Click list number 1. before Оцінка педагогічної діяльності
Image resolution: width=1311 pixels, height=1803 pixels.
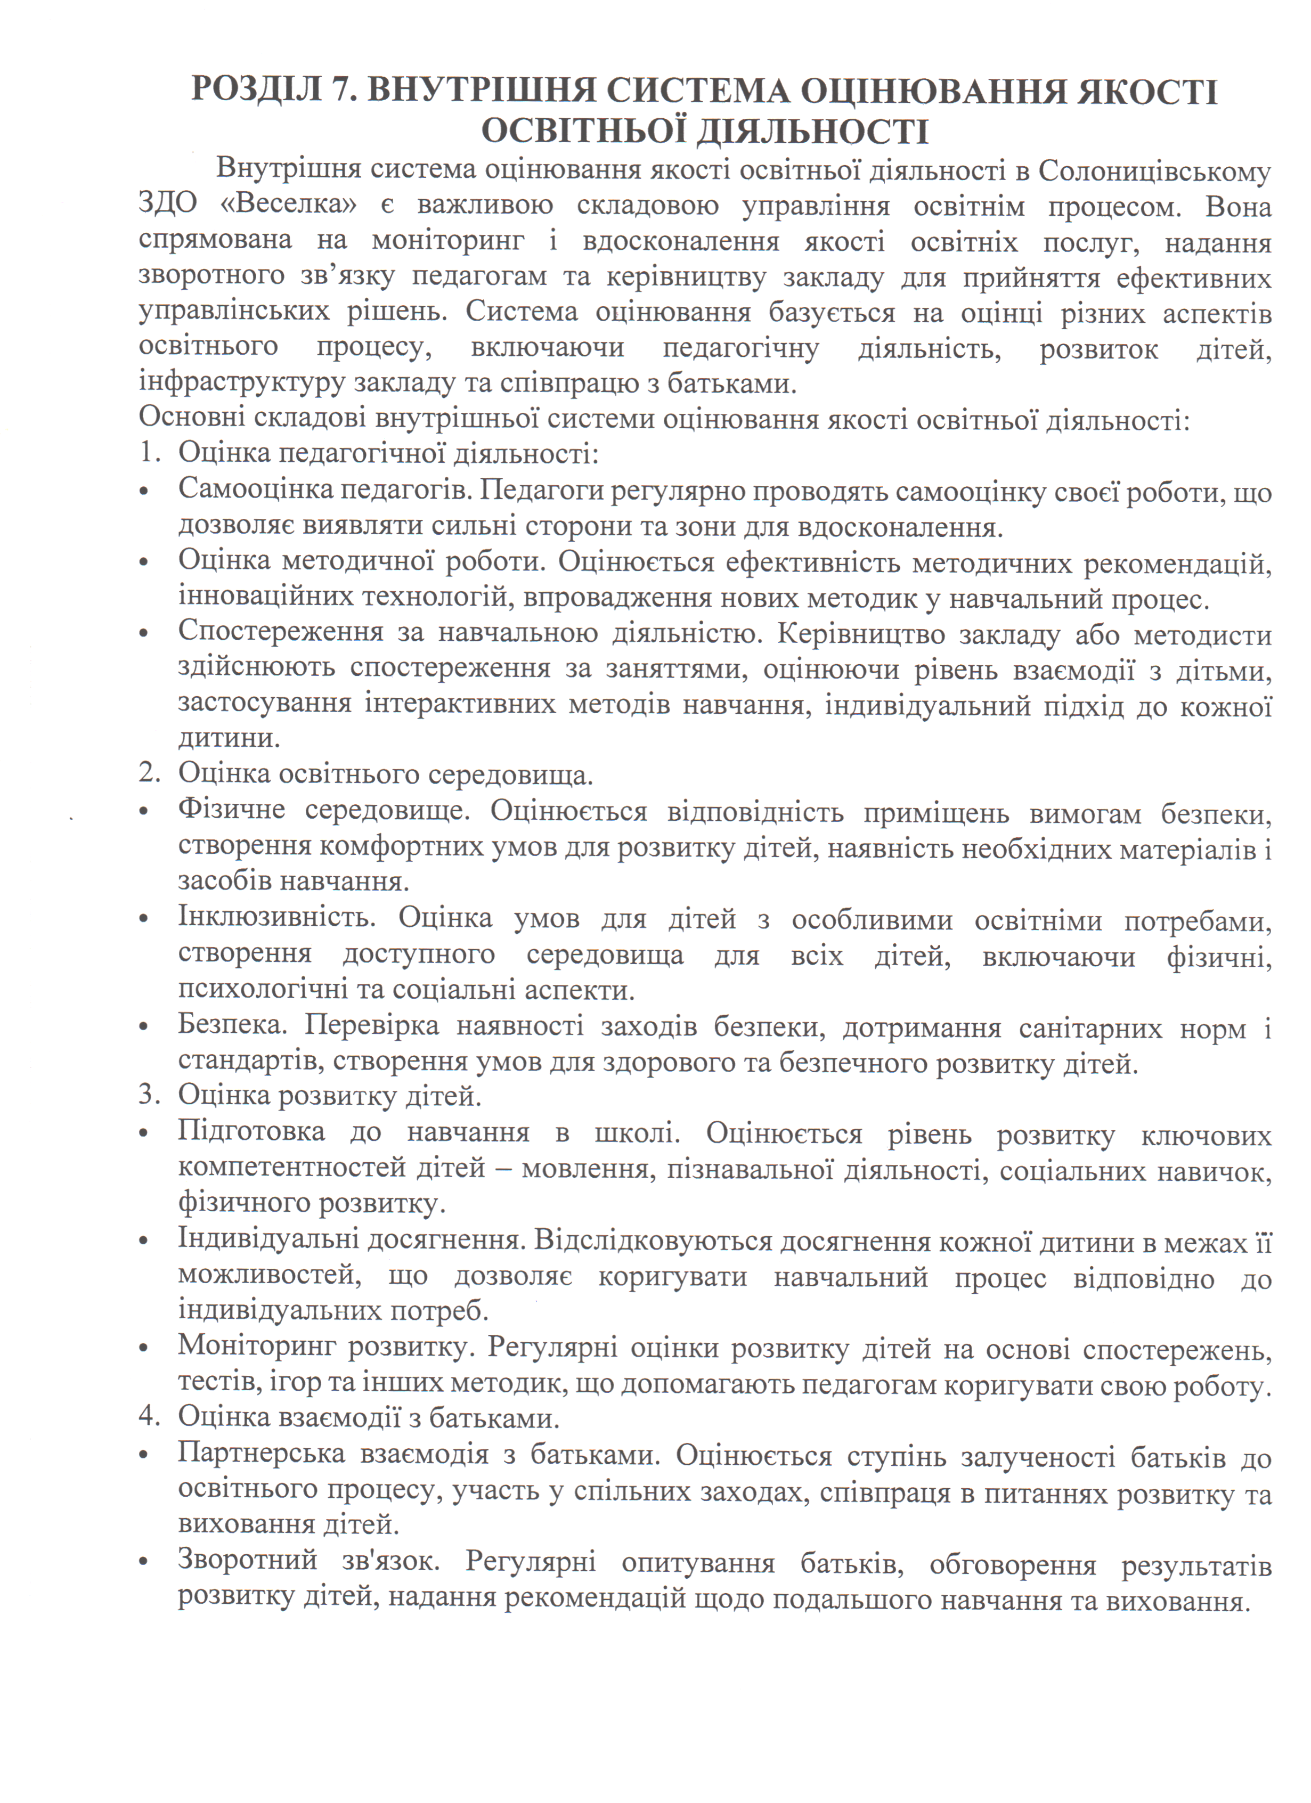pos(150,453)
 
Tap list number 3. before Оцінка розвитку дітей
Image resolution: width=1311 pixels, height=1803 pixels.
pos(150,1096)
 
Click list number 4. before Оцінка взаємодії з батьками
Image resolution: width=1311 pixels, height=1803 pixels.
pos(150,1417)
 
